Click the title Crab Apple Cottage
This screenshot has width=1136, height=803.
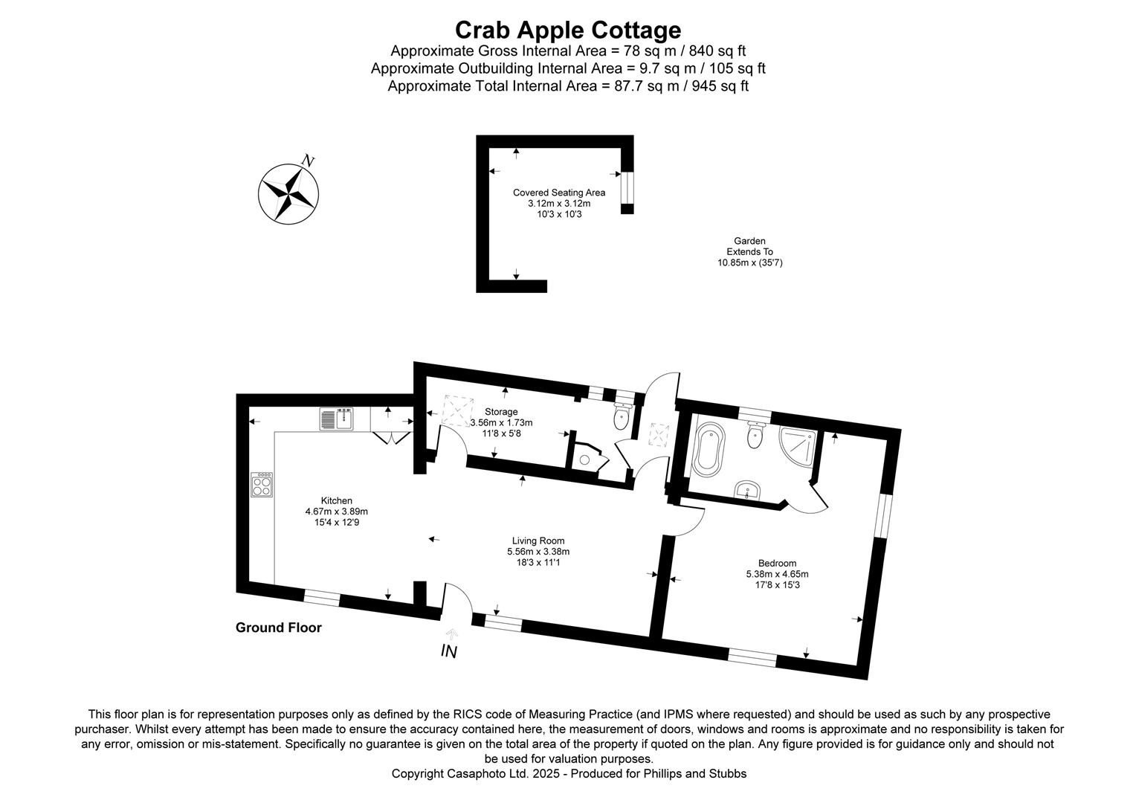(x=567, y=30)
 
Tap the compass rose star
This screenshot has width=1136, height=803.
(x=288, y=193)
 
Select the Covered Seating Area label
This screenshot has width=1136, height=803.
(x=559, y=193)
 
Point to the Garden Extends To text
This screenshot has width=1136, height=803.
(x=749, y=251)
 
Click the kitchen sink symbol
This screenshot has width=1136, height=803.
(x=338, y=419)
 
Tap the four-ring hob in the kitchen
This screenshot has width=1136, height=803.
(x=262, y=485)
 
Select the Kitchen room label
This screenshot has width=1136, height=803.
(x=336, y=500)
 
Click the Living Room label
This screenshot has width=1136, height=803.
(x=538, y=541)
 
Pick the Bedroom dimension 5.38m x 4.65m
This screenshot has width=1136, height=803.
(x=777, y=574)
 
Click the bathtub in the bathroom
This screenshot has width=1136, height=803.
(x=707, y=449)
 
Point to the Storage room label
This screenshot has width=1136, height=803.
(x=501, y=412)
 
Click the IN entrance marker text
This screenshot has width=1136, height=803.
(x=448, y=651)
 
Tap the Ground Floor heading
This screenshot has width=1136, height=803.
(x=278, y=628)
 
